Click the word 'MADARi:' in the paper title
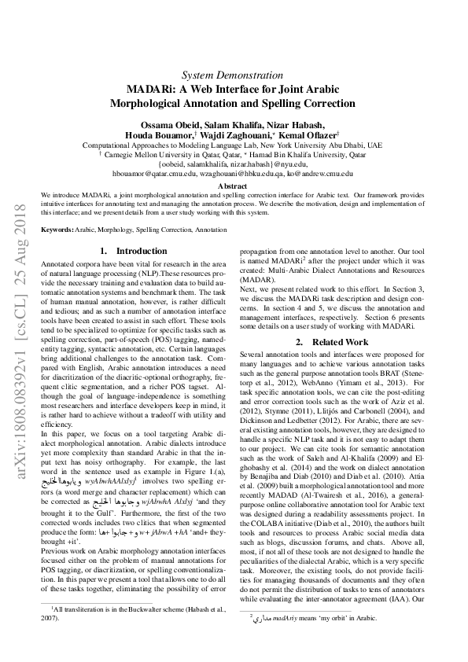pyautogui.click(x=152, y=89)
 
